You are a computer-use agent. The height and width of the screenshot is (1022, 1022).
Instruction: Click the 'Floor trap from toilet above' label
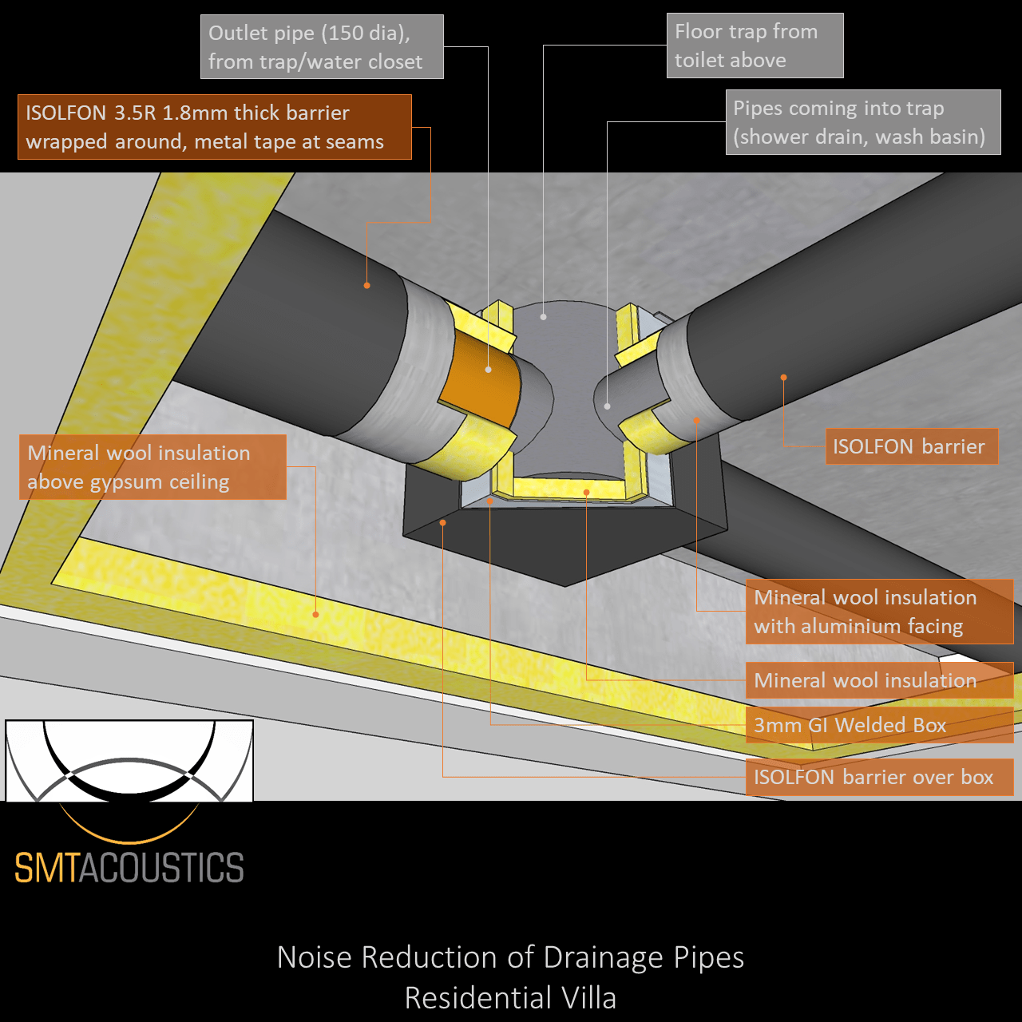pyautogui.click(x=755, y=46)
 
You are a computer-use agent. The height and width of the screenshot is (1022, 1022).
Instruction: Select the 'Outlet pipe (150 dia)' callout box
pyautogui.click(x=322, y=47)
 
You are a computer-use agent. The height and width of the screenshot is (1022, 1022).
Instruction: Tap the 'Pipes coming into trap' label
pyautogui.click(x=862, y=122)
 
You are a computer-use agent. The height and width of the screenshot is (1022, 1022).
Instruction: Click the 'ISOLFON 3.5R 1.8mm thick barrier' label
pyautogui.click(x=214, y=127)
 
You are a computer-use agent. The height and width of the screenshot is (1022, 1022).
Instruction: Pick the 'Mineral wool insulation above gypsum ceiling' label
pyautogui.click(x=153, y=467)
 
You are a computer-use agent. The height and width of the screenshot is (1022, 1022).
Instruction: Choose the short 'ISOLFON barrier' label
pyautogui.click(x=911, y=446)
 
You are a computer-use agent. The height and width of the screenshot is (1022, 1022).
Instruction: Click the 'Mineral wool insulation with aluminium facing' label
pyautogui.click(x=878, y=612)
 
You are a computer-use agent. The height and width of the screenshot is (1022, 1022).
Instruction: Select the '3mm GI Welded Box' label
pyautogui.click(x=878, y=725)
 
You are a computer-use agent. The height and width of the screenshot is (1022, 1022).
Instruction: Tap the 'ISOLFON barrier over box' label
pyautogui.click(x=878, y=777)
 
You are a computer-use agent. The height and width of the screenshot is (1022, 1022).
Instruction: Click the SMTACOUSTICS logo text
pyautogui.click(x=129, y=868)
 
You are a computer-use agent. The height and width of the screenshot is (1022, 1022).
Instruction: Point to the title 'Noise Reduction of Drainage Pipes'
pyautogui.click(x=510, y=957)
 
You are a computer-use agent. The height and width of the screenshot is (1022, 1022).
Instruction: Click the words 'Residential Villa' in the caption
pyautogui.click(x=510, y=998)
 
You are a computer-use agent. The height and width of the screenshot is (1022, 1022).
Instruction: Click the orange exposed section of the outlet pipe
pyautogui.click(x=479, y=379)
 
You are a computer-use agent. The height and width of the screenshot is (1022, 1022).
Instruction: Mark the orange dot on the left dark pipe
pyautogui.click(x=366, y=285)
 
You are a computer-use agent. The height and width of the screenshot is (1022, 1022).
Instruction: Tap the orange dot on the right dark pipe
pyautogui.click(x=783, y=377)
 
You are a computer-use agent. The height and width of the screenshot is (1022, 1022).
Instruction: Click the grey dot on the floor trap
pyautogui.click(x=543, y=317)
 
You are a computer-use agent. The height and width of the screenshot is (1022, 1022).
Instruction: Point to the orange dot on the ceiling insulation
pyautogui.click(x=316, y=614)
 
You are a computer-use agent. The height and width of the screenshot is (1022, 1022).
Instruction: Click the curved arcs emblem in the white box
pyautogui.click(x=129, y=761)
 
